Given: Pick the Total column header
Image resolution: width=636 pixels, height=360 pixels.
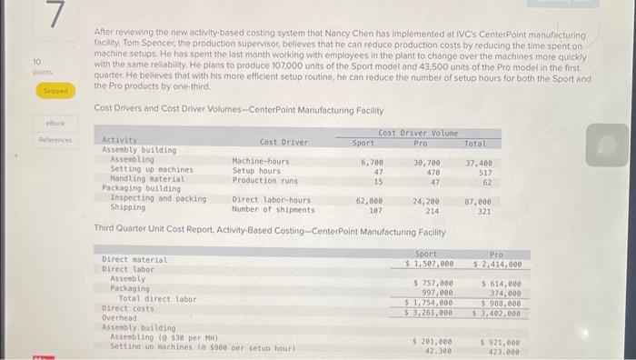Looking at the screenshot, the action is tap(475, 144).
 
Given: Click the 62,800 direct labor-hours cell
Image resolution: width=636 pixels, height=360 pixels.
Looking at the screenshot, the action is tap(369, 198).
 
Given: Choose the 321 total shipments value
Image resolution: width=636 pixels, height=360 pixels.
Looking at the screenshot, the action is tap(484, 208).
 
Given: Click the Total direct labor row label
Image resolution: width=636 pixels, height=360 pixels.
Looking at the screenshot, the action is tap(157, 298).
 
